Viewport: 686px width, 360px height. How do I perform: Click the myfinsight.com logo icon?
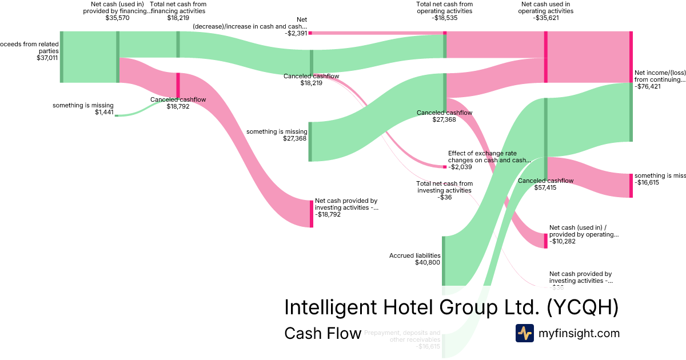[x=524, y=333]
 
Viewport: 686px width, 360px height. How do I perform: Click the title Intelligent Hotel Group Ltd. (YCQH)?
[x=451, y=307]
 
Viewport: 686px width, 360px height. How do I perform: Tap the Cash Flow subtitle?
[x=322, y=333]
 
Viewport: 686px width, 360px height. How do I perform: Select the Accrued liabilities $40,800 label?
[x=414, y=259]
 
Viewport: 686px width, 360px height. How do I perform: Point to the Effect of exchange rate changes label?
[x=489, y=157]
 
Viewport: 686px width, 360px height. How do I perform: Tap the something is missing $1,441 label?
[x=83, y=109]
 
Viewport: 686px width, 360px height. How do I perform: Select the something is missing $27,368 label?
[x=277, y=135]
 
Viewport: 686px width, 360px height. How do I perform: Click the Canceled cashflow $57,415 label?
[x=545, y=184]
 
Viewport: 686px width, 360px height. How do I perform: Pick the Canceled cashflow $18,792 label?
[x=178, y=102]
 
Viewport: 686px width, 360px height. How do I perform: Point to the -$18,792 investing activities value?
[x=332, y=215]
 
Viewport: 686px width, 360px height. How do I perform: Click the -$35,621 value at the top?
[x=545, y=18]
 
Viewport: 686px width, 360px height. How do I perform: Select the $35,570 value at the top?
[x=117, y=18]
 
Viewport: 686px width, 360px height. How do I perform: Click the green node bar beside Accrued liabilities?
[x=443, y=261]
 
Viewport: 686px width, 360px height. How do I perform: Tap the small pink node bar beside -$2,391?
[x=310, y=33]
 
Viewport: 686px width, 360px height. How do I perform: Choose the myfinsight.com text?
[x=579, y=333]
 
